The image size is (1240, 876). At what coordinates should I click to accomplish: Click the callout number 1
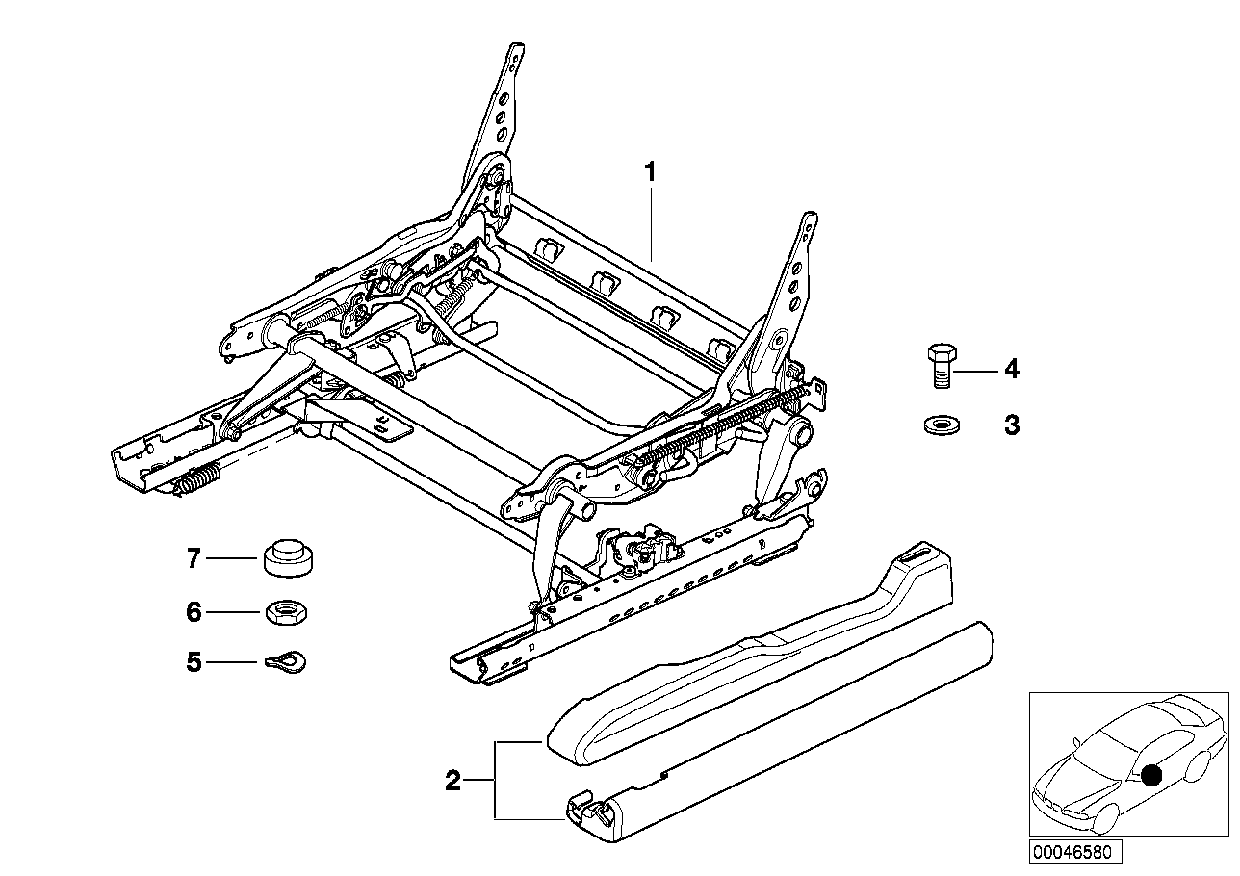[x=650, y=173]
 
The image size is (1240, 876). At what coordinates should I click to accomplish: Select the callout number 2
[x=452, y=781]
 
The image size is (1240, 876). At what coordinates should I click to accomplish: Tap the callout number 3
[x=1011, y=425]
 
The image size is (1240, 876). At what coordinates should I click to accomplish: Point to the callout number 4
[x=1011, y=370]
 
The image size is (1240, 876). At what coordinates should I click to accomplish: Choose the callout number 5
[x=194, y=662]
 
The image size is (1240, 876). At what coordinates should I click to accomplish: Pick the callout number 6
[x=194, y=611]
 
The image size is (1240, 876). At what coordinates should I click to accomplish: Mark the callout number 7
[x=194, y=557]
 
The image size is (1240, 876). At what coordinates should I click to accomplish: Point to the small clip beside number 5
[x=286, y=661]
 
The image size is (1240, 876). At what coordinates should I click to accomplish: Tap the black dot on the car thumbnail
[x=1150, y=775]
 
